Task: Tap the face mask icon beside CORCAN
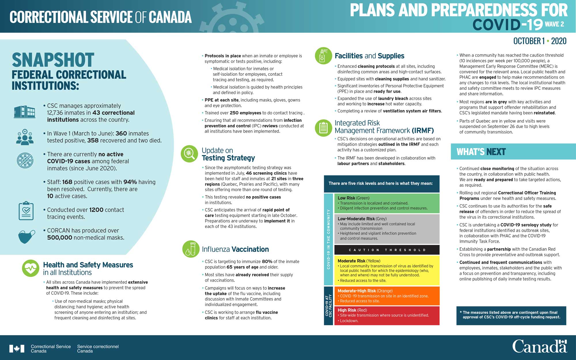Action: tap(26, 236)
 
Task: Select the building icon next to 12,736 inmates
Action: tap(24, 112)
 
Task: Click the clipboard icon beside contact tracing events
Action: tap(26, 211)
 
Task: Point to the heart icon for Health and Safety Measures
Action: tap(31, 268)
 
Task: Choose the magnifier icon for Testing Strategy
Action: tap(189, 154)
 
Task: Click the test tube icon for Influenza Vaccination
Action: tap(191, 249)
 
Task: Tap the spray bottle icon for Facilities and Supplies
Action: tap(323, 56)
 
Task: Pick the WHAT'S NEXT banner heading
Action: tap(481, 152)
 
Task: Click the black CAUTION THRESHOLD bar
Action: tap(387, 250)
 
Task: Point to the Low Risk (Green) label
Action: tap(353, 198)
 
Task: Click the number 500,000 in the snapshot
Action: tap(60, 238)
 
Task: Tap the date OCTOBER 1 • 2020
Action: tap(540, 41)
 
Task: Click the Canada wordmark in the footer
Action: tap(539, 347)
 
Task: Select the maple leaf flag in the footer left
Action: tap(17, 349)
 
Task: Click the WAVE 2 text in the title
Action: tap(554, 24)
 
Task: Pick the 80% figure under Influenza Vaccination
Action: tap(267, 262)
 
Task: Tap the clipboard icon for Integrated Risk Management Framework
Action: tap(323, 128)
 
